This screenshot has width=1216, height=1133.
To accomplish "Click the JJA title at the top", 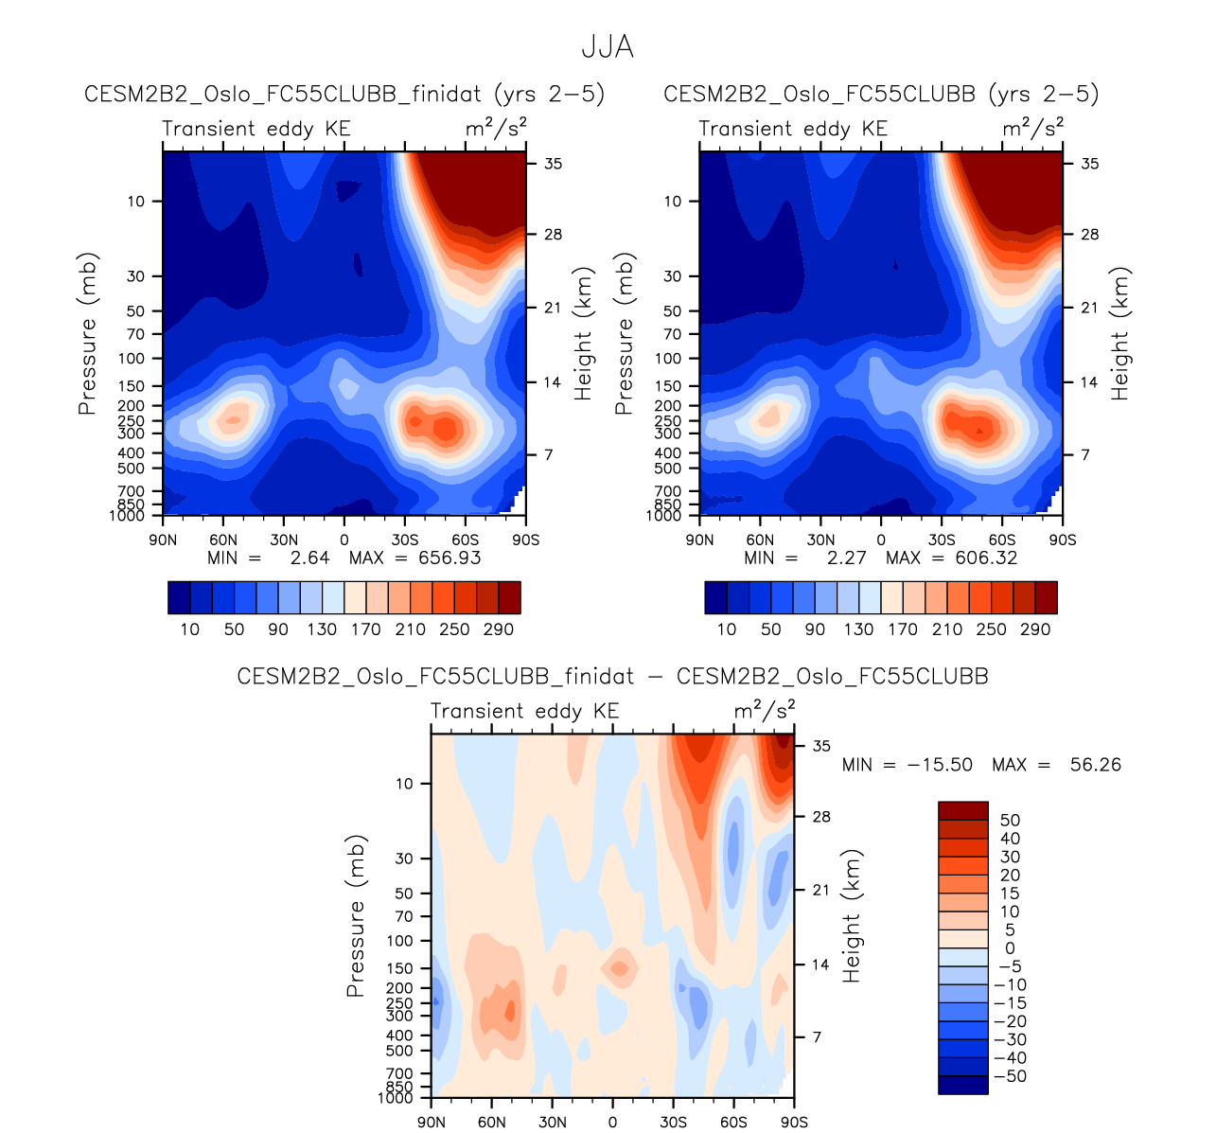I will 607,47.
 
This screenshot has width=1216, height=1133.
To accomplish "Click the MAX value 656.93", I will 449,558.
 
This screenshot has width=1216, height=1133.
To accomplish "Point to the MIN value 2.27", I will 846,558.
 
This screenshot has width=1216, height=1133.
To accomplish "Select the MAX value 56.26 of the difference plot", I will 1095,765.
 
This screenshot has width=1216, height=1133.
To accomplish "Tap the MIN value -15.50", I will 940,765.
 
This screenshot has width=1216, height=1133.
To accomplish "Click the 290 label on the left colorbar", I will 499,629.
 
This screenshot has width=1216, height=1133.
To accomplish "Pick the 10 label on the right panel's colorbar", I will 727,629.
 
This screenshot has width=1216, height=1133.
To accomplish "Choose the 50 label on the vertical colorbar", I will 1010,820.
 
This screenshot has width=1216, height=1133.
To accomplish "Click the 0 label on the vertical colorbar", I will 1010,948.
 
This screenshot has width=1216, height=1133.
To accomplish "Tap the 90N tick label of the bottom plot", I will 431,1123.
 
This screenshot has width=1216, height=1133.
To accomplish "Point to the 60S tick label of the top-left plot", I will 465,540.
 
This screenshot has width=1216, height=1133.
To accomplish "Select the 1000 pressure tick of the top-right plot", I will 665,516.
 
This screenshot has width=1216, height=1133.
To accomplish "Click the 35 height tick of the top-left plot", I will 553,164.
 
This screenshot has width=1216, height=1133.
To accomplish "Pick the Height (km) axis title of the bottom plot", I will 852,915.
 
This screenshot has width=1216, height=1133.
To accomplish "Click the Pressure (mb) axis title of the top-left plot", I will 88,333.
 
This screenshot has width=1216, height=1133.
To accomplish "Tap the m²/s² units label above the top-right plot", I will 1033,128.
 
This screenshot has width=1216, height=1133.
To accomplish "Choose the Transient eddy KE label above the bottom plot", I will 524,711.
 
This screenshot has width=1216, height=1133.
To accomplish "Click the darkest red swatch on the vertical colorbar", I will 962,810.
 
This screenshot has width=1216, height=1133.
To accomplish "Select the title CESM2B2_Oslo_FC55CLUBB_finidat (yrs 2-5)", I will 344,94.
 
